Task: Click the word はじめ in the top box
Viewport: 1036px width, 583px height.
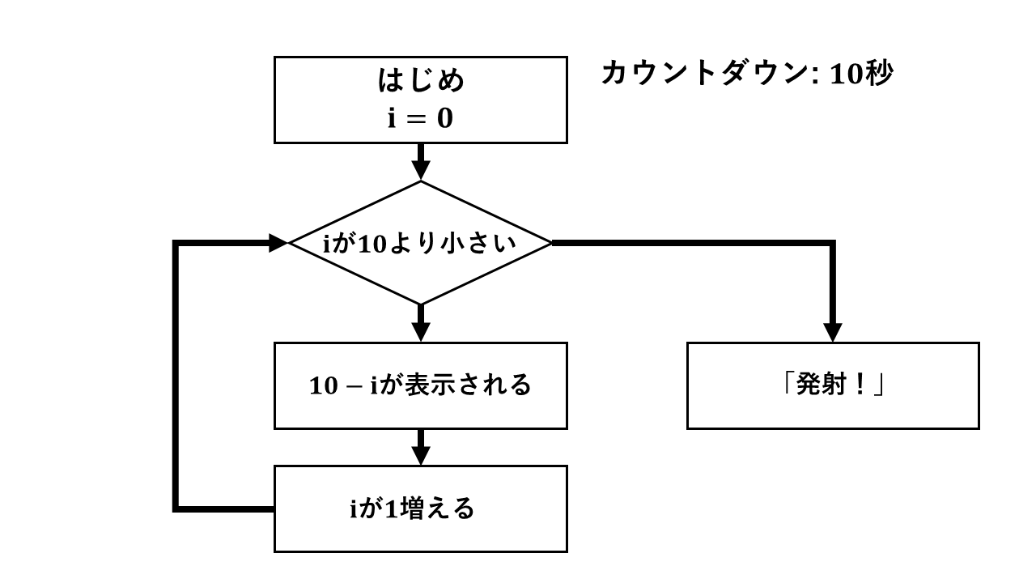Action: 421,81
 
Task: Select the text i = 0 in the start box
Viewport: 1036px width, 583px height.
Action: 421,119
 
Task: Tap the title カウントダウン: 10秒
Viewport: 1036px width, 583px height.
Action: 746,74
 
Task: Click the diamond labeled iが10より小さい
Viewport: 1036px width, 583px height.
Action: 421,242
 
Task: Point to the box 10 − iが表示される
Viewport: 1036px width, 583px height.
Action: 421,385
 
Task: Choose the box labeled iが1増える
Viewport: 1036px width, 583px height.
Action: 421,509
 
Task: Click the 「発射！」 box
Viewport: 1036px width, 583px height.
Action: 833,385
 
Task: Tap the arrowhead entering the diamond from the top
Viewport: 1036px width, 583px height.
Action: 421,170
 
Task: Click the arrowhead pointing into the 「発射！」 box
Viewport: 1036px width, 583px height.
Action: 833,332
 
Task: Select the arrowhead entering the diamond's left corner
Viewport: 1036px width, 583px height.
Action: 278,242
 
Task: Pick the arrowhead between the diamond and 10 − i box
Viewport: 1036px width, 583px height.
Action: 421,332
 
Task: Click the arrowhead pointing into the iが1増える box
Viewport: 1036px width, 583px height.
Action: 421,455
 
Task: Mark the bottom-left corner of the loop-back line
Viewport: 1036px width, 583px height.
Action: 176,509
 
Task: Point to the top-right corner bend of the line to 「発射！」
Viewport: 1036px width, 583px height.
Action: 833,242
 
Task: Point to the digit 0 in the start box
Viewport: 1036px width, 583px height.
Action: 445,119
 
